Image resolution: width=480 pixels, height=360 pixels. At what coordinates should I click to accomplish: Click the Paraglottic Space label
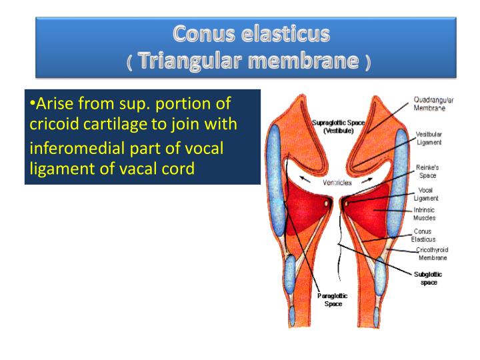(x=333, y=299)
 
